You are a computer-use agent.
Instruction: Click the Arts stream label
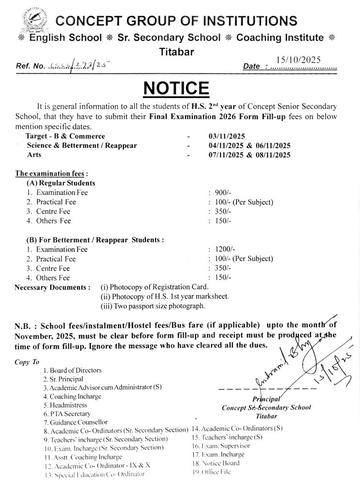[34, 155]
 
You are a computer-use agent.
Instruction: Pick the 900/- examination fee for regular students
[220, 193]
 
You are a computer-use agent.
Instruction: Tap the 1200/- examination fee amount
[222, 249]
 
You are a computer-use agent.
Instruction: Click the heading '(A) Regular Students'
[61, 183]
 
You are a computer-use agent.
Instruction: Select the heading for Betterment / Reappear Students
[95, 239]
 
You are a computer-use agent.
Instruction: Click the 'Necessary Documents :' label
[53, 287]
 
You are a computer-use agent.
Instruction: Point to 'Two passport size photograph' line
[153, 306]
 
